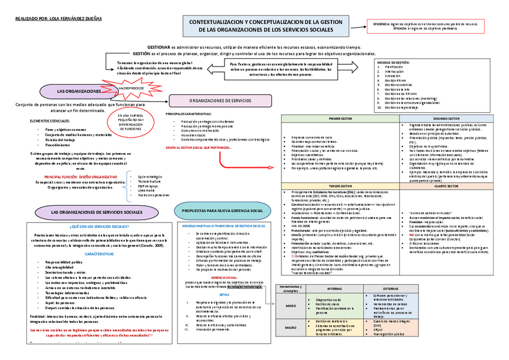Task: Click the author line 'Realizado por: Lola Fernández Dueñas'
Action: pos(50,19)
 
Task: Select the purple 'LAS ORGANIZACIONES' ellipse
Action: pos(78,91)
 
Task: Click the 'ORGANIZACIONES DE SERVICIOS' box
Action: pos(220,101)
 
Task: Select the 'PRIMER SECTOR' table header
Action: pos(342,119)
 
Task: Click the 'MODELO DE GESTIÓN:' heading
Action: pos(394,62)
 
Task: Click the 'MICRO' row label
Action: pos(290,305)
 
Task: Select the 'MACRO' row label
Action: pos(290,328)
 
